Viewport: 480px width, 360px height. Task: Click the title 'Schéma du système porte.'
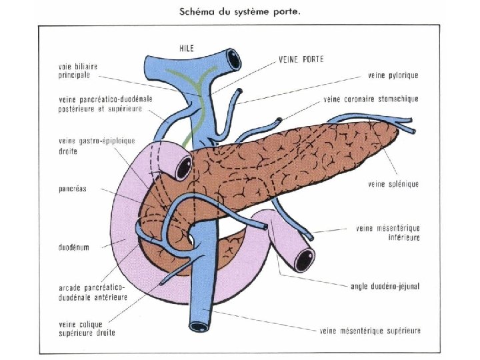(239, 11)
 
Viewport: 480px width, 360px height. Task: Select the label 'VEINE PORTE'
(302, 59)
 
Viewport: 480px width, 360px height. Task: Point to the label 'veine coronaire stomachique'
(371, 99)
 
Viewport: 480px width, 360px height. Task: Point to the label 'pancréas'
(73, 189)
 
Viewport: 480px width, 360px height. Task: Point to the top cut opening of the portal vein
(234, 59)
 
